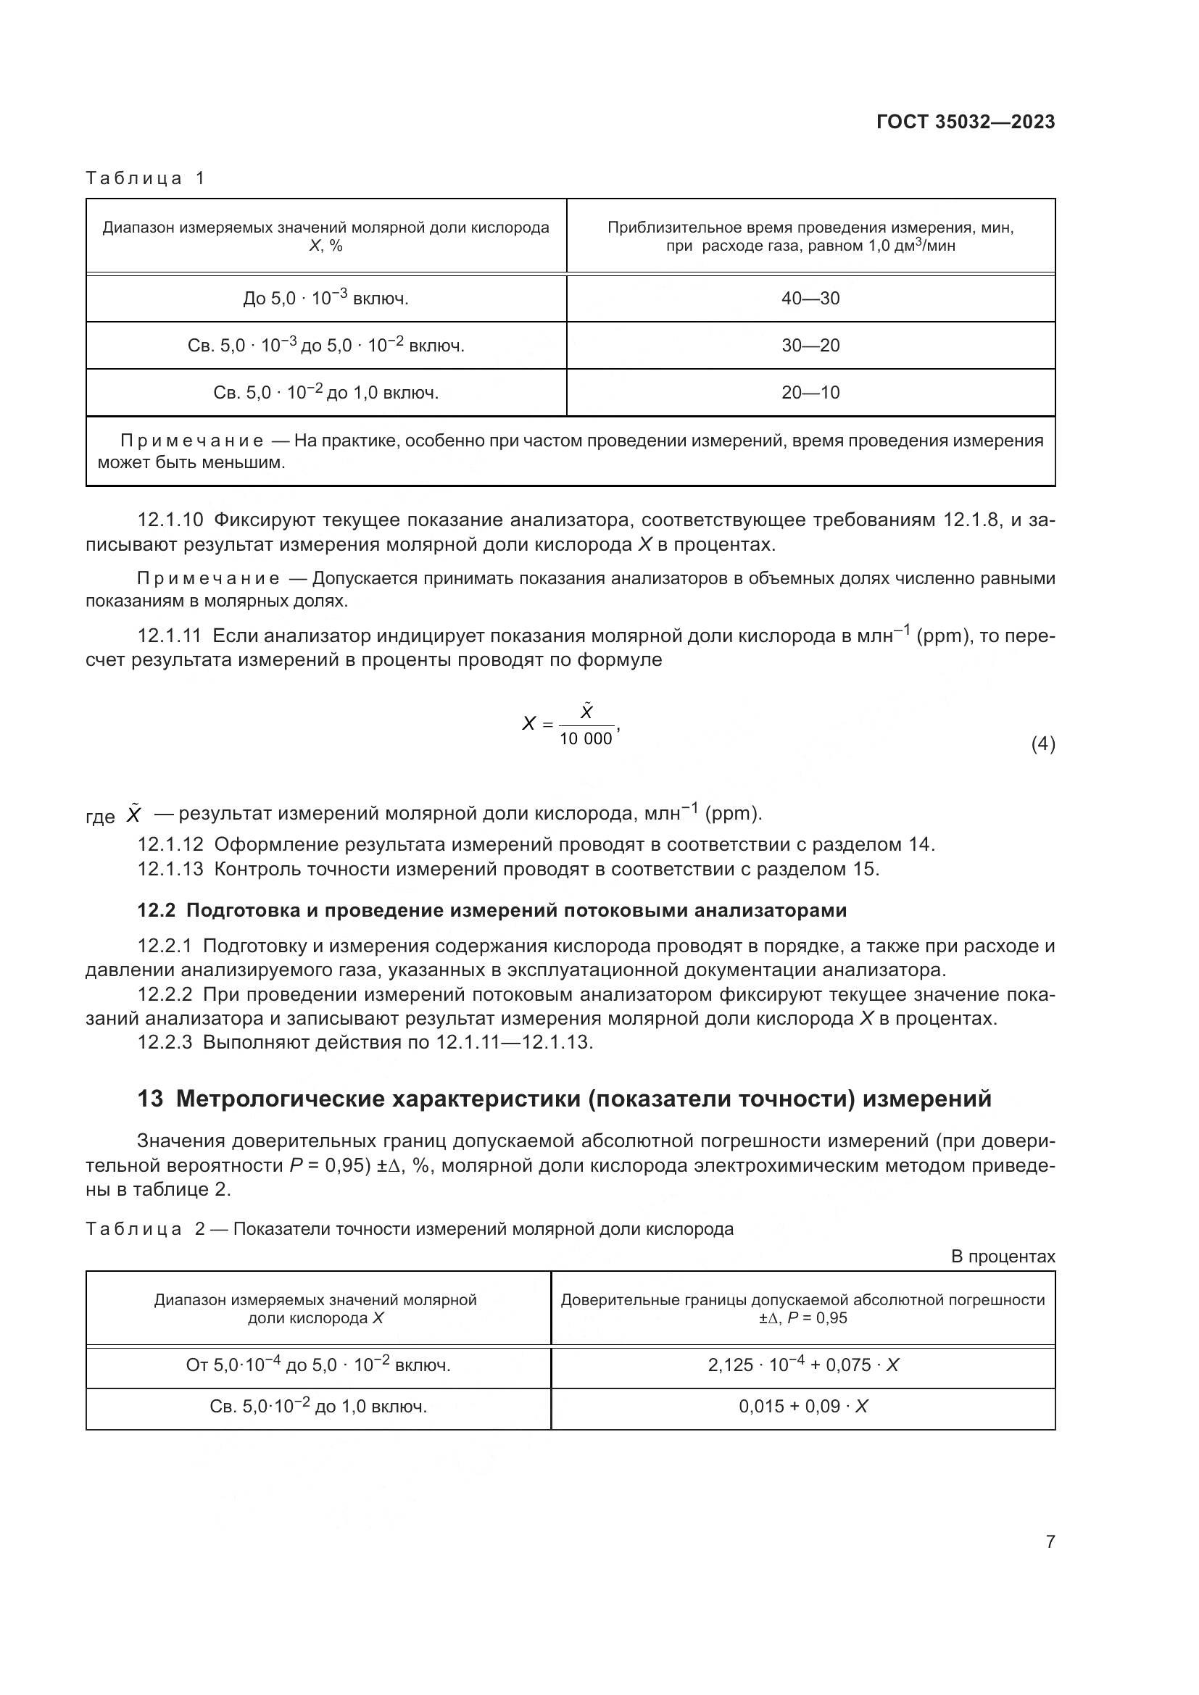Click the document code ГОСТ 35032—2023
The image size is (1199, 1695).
point(965,122)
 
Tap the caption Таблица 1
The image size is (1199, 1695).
point(145,178)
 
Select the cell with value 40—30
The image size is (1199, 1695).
point(810,299)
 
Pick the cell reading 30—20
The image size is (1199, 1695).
point(810,346)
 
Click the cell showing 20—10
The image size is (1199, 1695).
point(810,393)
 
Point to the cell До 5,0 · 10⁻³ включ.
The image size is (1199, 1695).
point(325,299)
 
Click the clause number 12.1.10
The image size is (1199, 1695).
point(170,520)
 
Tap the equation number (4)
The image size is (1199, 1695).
point(1042,744)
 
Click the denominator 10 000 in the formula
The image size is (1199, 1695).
point(586,739)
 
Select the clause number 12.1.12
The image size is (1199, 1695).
point(170,844)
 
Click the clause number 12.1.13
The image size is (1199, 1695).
point(170,869)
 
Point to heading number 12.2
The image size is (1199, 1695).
point(156,911)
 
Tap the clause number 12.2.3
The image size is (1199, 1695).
point(165,1042)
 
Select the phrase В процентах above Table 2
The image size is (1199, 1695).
point(1003,1257)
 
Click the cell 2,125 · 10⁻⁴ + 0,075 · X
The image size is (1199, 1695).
point(802,1365)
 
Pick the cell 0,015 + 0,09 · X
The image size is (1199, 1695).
point(802,1407)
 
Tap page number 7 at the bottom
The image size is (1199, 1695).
point(1050,1541)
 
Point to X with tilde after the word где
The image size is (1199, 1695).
point(133,815)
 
